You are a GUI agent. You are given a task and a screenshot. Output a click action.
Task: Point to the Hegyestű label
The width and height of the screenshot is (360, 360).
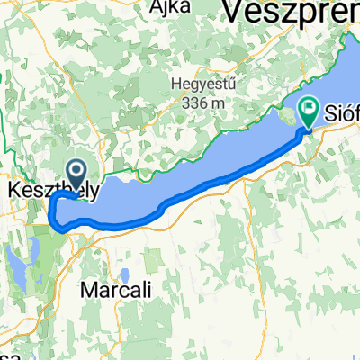point(200,86)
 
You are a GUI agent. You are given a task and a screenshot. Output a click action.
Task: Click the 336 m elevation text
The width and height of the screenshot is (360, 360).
point(200,103)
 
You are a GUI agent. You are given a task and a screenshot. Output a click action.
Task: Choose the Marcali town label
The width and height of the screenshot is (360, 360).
point(113,290)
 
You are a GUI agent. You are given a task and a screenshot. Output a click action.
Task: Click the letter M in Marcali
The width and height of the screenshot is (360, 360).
point(87,290)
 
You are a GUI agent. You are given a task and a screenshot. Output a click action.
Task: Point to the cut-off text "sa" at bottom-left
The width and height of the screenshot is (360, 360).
point(9,354)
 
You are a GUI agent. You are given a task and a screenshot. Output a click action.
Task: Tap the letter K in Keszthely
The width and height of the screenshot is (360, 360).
point(13,191)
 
